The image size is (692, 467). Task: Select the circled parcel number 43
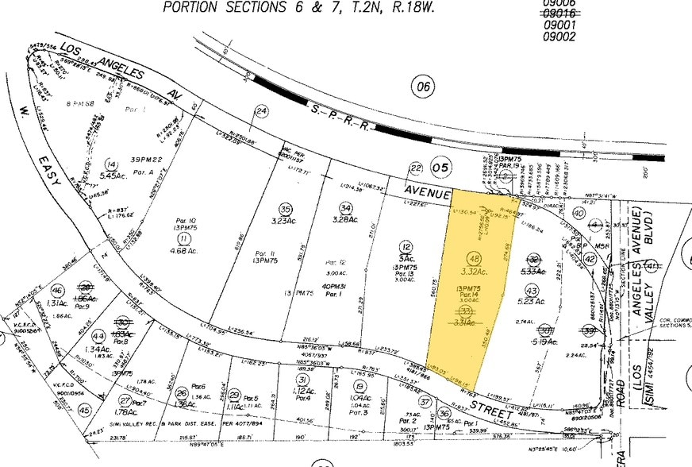click(x=532, y=290)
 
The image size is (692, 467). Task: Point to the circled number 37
click(x=425, y=402)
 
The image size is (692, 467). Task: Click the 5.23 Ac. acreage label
click(x=532, y=302)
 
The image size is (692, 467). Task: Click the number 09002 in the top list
click(x=536, y=37)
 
